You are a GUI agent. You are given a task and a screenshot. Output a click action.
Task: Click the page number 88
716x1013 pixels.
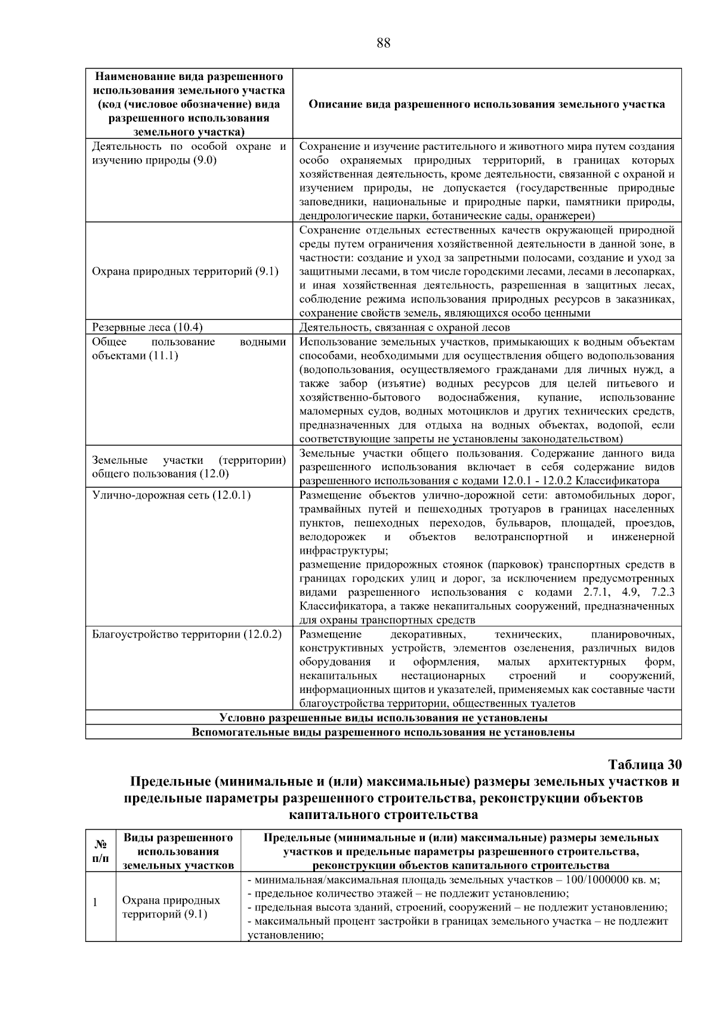tap(384, 43)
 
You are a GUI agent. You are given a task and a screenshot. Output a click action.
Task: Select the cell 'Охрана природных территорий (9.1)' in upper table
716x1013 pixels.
tap(185, 272)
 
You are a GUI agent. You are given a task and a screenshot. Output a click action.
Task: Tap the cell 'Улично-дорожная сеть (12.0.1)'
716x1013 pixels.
tap(171, 495)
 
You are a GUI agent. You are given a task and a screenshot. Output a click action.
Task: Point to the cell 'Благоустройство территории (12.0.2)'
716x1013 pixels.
tap(187, 634)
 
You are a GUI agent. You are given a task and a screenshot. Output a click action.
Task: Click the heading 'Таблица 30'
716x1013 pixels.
tap(644, 765)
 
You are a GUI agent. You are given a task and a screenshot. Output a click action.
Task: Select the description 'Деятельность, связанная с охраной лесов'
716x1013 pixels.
tap(405, 327)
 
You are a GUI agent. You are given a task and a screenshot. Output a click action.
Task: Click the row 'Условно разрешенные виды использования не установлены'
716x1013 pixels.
tap(383, 718)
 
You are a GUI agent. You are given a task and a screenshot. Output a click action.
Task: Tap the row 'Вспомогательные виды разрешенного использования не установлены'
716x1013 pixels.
tap(383, 732)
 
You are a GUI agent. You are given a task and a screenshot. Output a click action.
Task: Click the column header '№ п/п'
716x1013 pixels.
tap(101, 851)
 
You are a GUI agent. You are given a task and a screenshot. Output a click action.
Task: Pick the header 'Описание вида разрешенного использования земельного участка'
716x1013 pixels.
tap(486, 104)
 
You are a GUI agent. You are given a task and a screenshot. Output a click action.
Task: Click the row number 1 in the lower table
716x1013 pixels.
tap(95, 902)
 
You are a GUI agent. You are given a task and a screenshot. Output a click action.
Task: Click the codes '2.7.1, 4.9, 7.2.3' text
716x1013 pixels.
tap(628, 592)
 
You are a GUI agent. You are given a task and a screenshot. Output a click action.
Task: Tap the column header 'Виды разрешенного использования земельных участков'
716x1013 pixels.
tap(178, 851)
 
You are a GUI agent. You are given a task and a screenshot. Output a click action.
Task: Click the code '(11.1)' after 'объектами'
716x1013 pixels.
tap(163, 356)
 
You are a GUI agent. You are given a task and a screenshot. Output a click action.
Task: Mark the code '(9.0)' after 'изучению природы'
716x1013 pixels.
tap(205, 160)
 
